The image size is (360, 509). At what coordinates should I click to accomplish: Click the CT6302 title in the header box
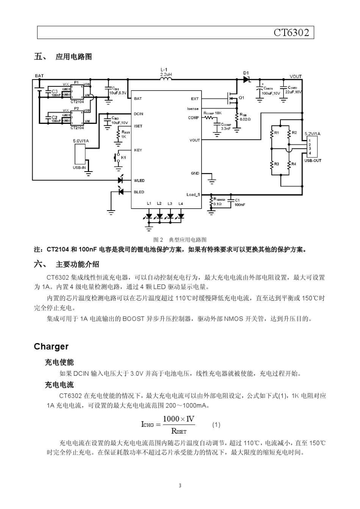tap(291, 33)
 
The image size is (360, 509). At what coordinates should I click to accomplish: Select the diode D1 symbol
tap(247, 80)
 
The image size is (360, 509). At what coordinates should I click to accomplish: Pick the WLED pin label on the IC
tap(139, 181)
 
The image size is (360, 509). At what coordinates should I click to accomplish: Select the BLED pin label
tap(139, 192)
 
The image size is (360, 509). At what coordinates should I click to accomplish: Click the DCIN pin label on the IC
tap(138, 114)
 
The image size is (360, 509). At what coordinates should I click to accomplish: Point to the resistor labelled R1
tap(272, 133)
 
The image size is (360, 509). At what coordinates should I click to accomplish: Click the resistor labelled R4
tap(289, 164)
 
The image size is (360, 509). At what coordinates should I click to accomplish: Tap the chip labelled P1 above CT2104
tap(77, 91)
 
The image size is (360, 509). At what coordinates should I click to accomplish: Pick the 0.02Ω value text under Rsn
tap(246, 119)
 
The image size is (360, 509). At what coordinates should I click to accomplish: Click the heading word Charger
tap(51, 347)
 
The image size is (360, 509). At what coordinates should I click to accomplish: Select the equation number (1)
tap(216, 425)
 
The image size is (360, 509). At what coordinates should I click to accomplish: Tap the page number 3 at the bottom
tap(180, 486)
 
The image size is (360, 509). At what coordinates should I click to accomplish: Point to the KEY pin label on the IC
tap(138, 150)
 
